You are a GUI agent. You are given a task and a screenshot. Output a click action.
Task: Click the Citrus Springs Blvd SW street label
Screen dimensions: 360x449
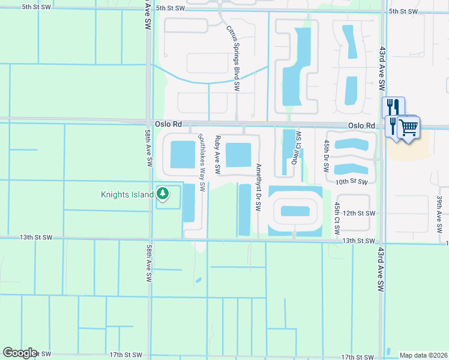tap(234, 58)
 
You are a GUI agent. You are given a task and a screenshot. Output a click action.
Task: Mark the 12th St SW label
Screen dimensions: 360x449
tap(359, 214)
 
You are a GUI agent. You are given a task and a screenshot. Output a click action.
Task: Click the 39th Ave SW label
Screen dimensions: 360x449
tap(439, 211)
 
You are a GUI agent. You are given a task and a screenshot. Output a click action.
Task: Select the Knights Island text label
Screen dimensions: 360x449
tap(127, 194)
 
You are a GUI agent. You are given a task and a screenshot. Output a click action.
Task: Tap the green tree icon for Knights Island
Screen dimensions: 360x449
tap(162, 193)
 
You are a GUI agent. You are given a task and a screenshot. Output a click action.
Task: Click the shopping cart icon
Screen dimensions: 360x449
tap(409, 127)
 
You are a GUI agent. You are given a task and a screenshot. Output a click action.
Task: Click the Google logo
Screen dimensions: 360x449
tap(20, 353)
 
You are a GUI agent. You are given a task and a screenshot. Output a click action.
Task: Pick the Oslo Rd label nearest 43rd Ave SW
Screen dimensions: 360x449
tap(362, 125)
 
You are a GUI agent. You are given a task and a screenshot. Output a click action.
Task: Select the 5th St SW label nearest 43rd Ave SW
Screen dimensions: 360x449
tap(403, 11)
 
